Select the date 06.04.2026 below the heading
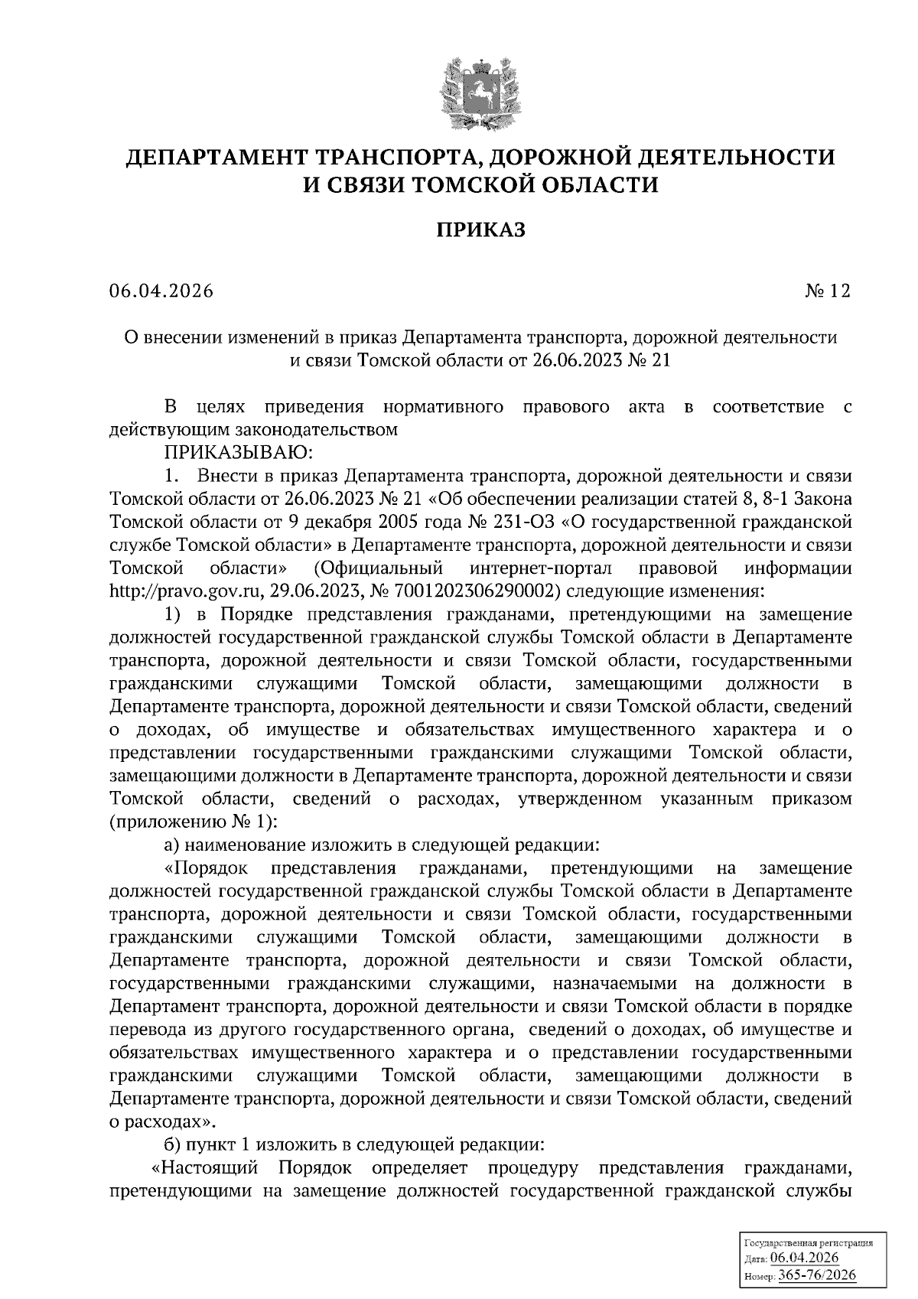[161, 291]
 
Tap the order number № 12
[827, 291]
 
